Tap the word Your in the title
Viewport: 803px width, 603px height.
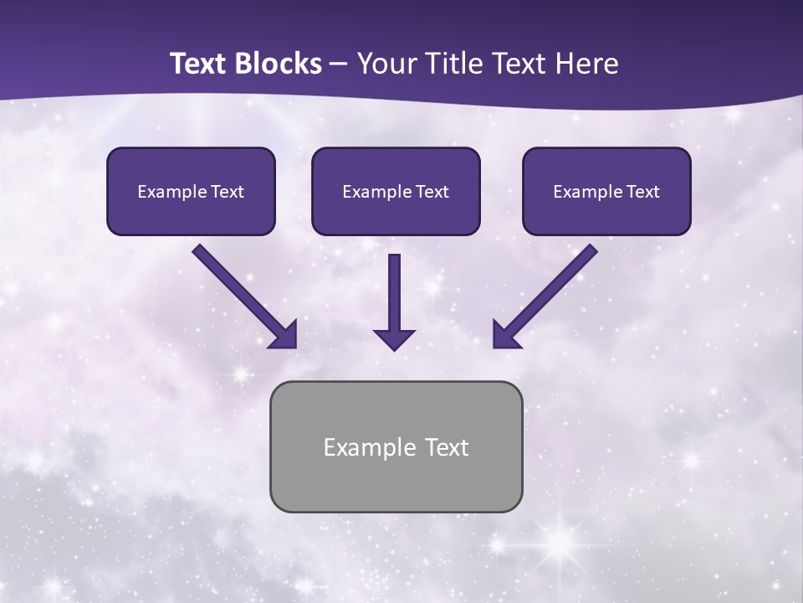coord(387,64)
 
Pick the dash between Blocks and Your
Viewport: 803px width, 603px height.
coord(339,64)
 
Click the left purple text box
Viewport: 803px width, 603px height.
coord(191,191)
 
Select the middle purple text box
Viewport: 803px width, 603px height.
coord(396,191)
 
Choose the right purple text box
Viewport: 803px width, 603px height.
coord(606,191)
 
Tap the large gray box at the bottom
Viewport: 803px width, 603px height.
coord(396,446)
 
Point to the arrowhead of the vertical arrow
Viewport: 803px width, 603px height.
coord(394,338)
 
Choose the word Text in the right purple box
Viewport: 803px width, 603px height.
coord(643,192)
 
